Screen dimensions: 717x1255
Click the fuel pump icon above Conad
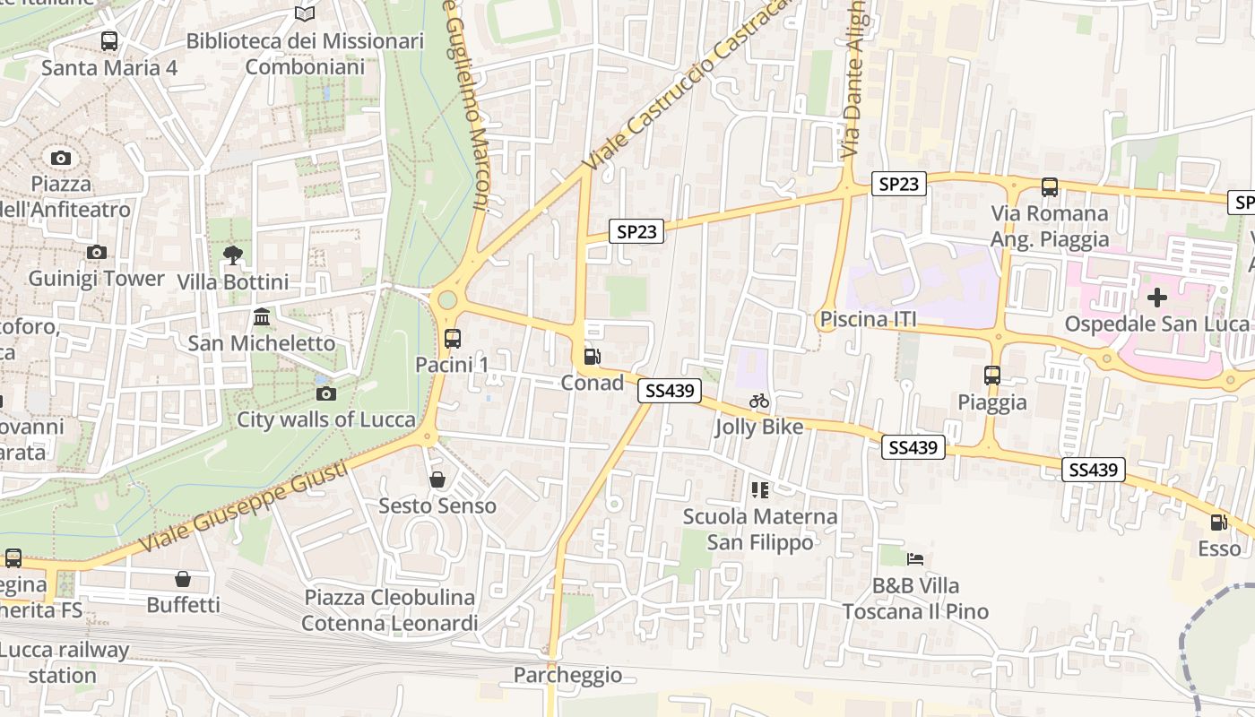click(x=592, y=357)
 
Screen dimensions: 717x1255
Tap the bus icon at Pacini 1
click(x=452, y=339)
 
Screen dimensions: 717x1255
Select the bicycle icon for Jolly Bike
click(x=759, y=401)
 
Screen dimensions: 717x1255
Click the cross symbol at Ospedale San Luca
click(x=1157, y=297)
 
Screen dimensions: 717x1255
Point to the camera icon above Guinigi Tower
click(x=97, y=253)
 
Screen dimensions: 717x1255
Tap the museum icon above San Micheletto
click(x=262, y=317)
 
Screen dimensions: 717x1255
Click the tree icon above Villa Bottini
click(x=233, y=255)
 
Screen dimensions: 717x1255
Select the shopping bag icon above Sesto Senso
click(x=437, y=479)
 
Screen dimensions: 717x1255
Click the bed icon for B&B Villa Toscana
click(x=914, y=559)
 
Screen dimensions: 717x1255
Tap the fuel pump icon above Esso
click(x=1218, y=523)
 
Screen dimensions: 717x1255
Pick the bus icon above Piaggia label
click(x=991, y=376)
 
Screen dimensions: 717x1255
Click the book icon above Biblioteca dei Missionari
click(x=305, y=14)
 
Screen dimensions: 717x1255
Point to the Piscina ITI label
click(x=866, y=319)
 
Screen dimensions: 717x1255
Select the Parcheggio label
click(x=567, y=675)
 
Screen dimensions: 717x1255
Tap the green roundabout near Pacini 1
click(x=446, y=299)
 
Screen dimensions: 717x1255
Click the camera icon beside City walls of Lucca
click(x=326, y=393)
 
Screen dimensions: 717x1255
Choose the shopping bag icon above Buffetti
click(x=183, y=579)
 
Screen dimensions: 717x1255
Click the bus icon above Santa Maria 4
click(x=109, y=41)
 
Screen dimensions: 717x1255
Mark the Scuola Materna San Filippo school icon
click(x=760, y=490)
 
